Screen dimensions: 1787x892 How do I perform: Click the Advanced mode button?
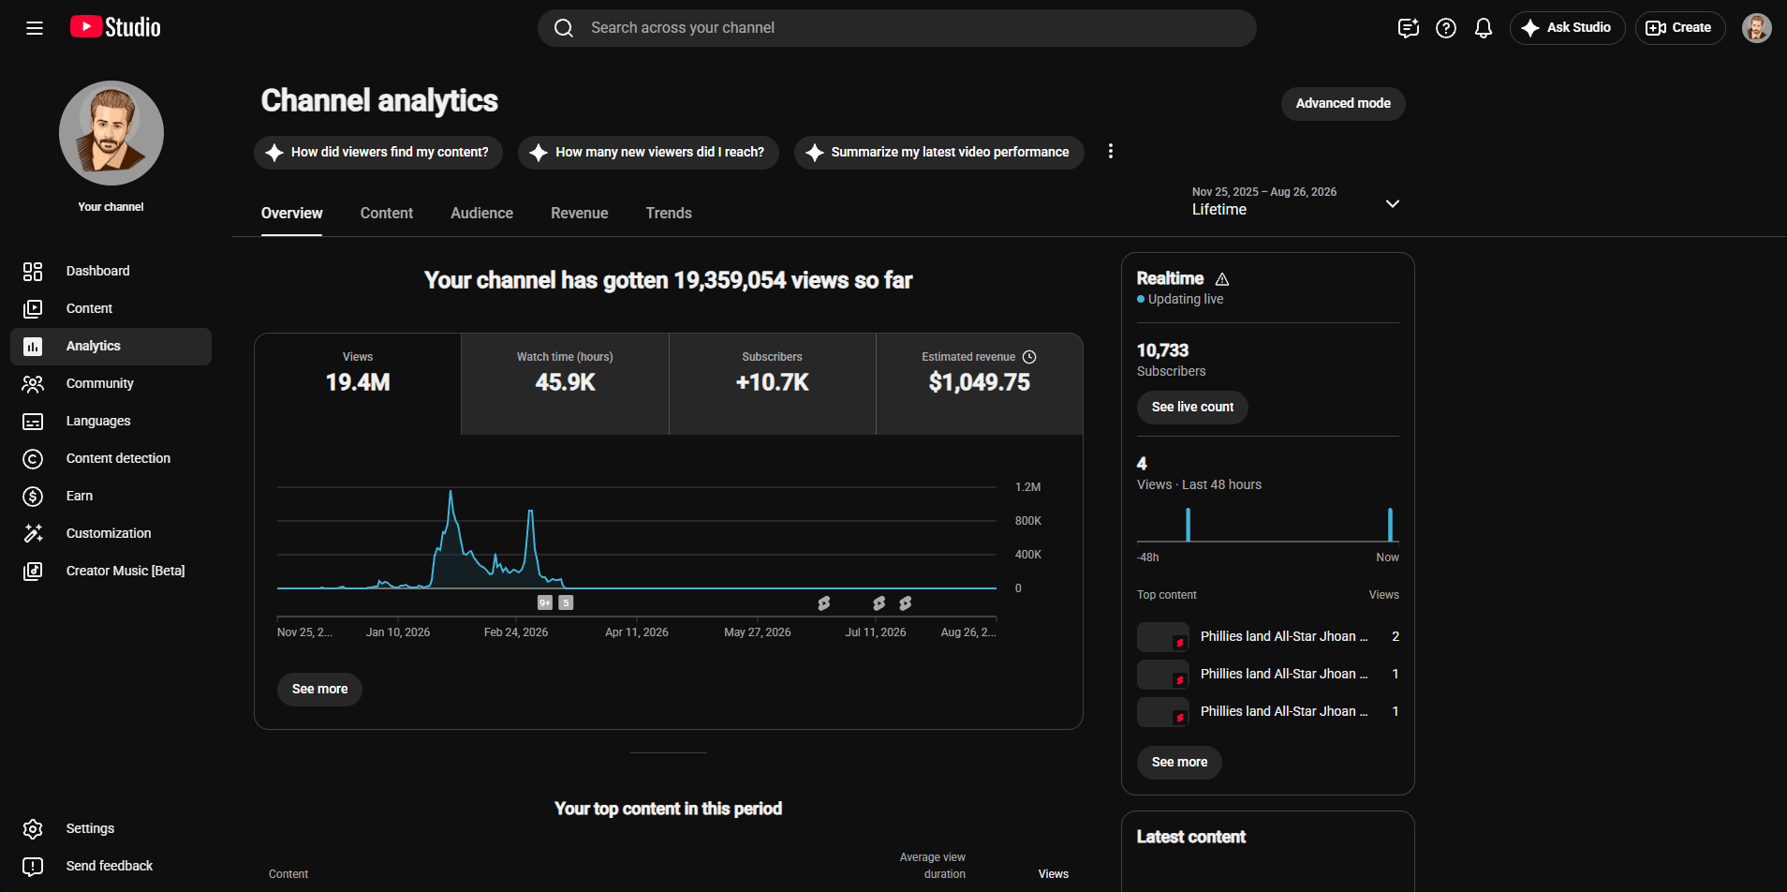click(1342, 103)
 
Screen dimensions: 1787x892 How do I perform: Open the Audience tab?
click(481, 214)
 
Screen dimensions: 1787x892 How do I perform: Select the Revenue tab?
click(579, 214)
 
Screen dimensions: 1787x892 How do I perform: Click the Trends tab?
click(669, 214)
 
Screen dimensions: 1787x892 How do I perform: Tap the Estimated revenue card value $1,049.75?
click(979, 382)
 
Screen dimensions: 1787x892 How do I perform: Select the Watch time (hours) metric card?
click(565, 383)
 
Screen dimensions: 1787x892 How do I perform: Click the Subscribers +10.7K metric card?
click(772, 383)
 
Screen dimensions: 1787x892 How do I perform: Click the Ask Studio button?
click(1567, 28)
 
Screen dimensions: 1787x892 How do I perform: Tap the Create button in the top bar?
click(1679, 28)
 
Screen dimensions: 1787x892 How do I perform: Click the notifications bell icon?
click(1484, 28)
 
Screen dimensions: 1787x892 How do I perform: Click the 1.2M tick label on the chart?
click(1027, 487)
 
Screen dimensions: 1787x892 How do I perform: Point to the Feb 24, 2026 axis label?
click(516, 632)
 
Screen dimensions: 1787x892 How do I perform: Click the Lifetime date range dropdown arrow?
click(1393, 203)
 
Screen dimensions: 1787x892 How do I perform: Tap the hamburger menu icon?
click(35, 28)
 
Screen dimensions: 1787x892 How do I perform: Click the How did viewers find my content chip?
click(378, 152)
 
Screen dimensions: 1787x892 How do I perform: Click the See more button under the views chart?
click(319, 689)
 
